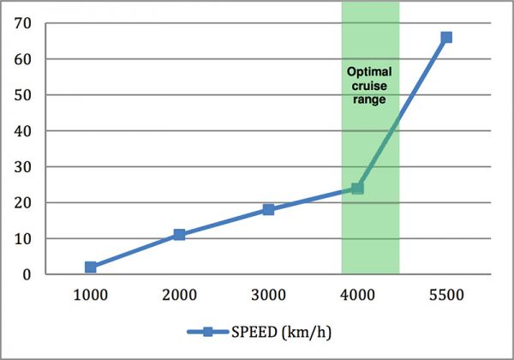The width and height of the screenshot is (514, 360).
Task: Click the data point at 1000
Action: click(91, 267)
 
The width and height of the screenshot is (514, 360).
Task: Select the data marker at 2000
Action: click(179, 235)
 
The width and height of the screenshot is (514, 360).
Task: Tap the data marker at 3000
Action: click(268, 209)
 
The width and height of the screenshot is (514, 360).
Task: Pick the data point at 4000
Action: click(357, 188)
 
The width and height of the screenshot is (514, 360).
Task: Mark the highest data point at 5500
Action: click(446, 38)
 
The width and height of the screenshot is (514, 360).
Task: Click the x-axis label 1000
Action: click(91, 296)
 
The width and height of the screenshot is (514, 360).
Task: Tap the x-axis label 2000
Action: click(179, 296)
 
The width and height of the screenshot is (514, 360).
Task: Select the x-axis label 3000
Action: click(268, 296)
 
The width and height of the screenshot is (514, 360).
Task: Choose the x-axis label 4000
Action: click(357, 296)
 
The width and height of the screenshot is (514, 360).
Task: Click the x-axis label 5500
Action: click(446, 296)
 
